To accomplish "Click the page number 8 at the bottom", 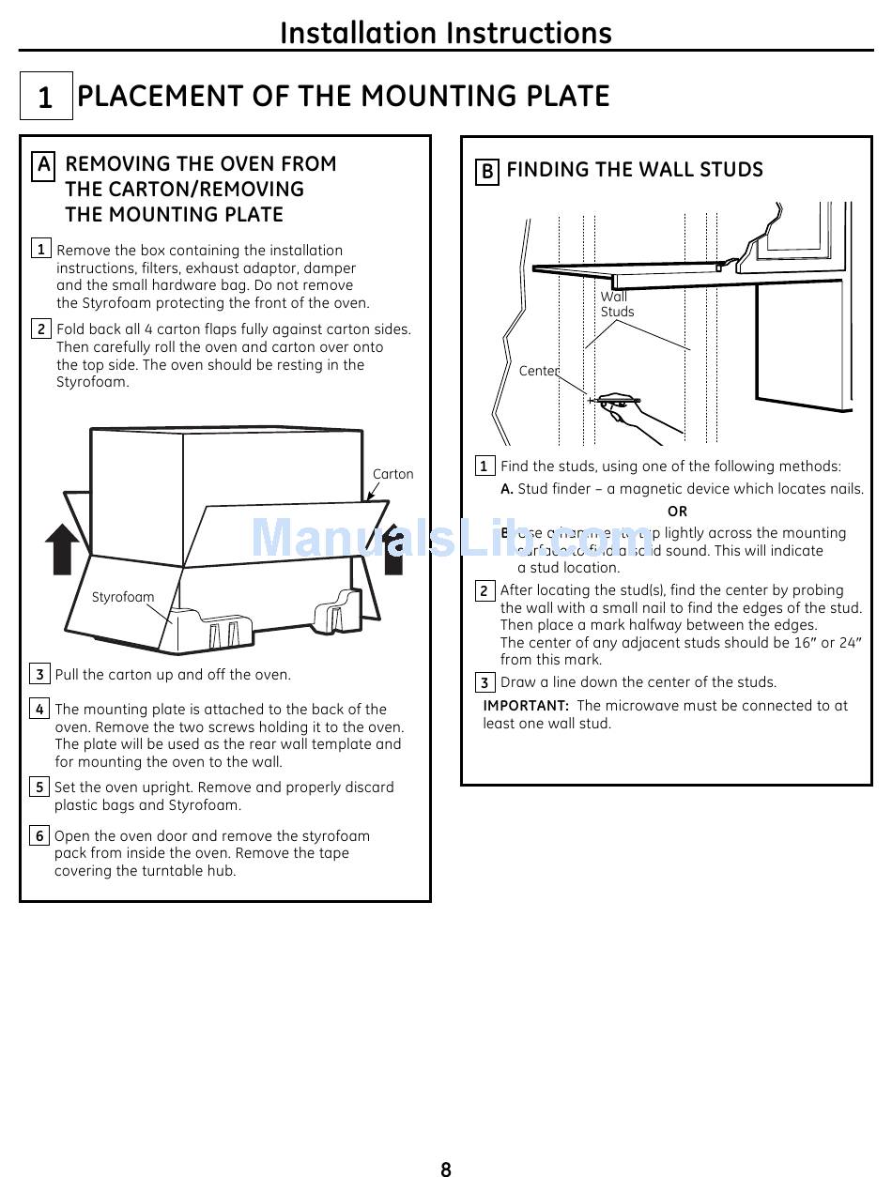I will pyautogui.click(x=446, y=1169).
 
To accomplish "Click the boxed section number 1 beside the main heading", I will pyautogui.click(x=45, y=97).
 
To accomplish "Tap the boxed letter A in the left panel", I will pyautogui.click(x=43, y=166).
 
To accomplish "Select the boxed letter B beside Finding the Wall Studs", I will pyautogui.click(x=487, y=171).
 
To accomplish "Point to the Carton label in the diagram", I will pyautogui.click(x=392, y=474).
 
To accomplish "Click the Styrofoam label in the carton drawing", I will pyautogui.click(x=123, y=597).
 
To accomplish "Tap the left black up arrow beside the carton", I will pyautogui.click(x=63, y=549).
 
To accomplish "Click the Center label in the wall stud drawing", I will pyautogui.click(x=539, y=371).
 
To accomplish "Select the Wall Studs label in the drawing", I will pyautogui.click(x=617, y=304).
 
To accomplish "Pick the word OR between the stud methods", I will pyautogui.click(x=677, y=512).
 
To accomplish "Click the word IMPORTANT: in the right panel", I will pyautogui.click(x=526, y=706).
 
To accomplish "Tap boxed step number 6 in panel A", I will pyautogui.click(x=39, y=835).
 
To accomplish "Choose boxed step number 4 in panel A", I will pyautogui.click(x=39, y=710).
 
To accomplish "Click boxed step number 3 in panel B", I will pyautogui.click(x=484, y=682).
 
